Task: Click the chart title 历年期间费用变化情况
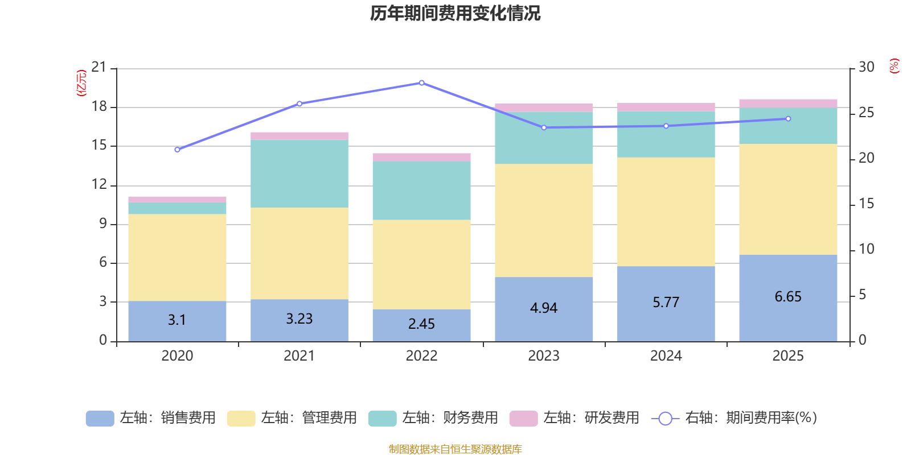pos(455,13)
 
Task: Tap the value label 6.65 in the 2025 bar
pos(788,297)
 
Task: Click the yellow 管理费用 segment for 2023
pos(544,221)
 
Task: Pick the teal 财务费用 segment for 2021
pos(299,173)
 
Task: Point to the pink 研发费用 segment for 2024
pos(666,107)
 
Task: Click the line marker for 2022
pos(421,83)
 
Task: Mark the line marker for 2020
pos(177,150)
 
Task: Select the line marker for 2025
pos(788,119)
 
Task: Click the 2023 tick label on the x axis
pos(544,356)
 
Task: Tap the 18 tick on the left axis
pos(99,107)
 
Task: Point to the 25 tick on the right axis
pos(866,113)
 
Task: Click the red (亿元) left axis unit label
pos(81,83)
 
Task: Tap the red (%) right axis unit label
pos(894,66)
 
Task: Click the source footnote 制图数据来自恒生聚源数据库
pos(455,449)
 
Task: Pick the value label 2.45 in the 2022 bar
pos(421,324)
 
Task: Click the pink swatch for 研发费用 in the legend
pos(523,419)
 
